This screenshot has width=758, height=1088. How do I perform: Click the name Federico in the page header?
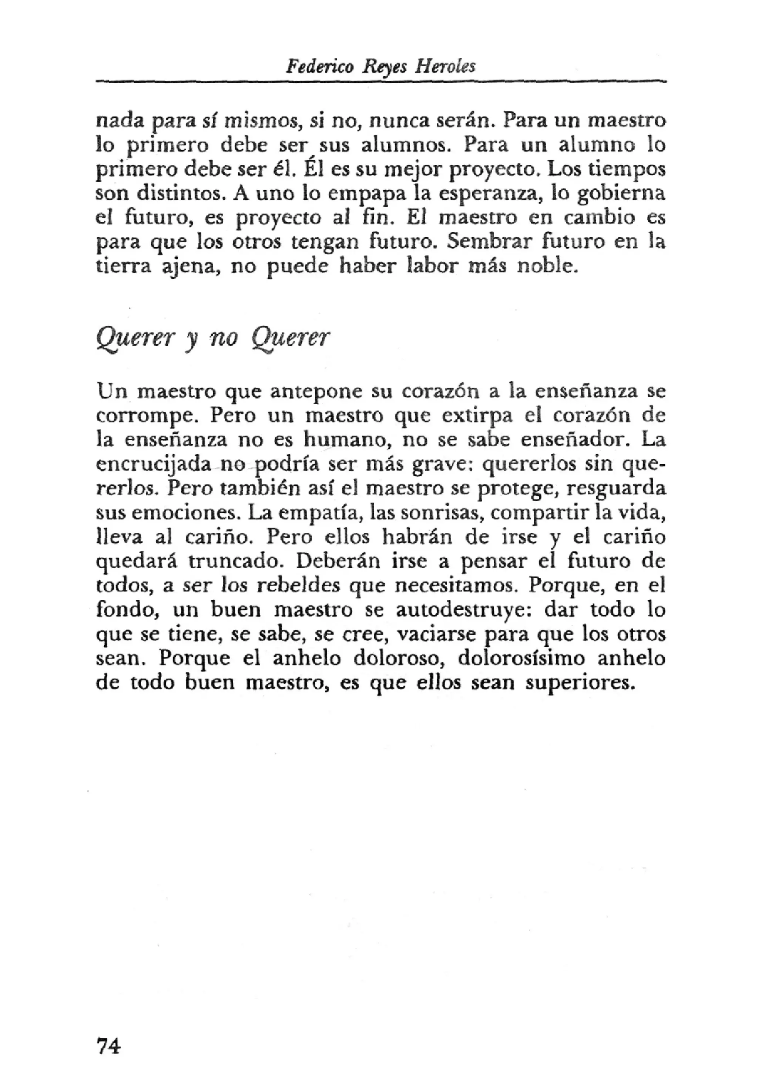pyautogui.click(x=319, y=66)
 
